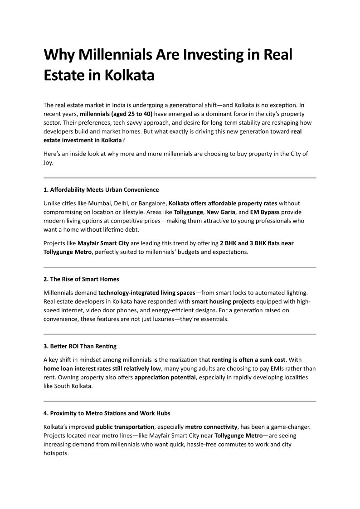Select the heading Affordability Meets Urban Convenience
pyautogui.click(x=101, y=189)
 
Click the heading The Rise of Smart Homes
pyautogui.click(x=81, y=279)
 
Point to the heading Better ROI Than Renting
pyautogui.click(x=80, y=346)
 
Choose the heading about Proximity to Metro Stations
pyautogui.click(x=107, y=413)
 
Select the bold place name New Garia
pyautogui.click(x=221, y=212)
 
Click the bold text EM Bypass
pyautogui.click(x=265, y=212)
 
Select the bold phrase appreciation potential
pyautogui.click(x=165, y=378)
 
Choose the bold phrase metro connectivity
pyautogui.click(x=211, y=427)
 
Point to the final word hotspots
pyautogui.click(x=56, y=453)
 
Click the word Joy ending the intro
pyautogui.click(x=48, y=163)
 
